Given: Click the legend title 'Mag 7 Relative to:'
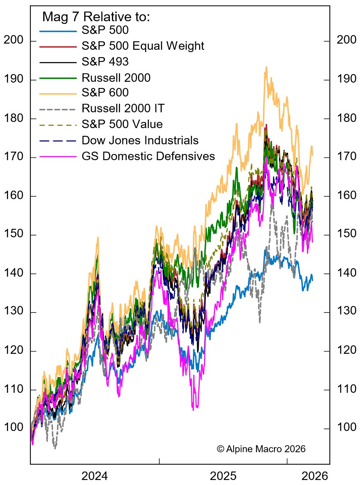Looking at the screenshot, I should (96, 17).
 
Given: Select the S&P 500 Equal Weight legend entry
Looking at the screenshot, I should (143, 46).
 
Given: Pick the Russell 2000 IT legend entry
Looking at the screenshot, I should (123, 109).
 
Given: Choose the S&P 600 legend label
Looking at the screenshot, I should (105, 93).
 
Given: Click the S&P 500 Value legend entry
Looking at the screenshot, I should (122, 125).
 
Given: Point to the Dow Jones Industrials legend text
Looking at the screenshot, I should (140, 140).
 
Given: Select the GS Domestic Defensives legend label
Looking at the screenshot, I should (148, 156).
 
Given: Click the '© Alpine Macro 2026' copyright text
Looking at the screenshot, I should (261, 449).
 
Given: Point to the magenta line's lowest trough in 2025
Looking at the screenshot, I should (193, 410).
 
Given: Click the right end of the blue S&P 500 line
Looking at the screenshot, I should (313, 280).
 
